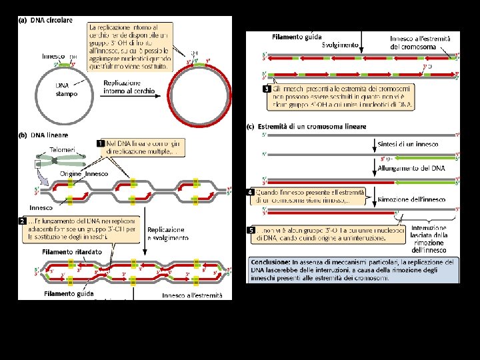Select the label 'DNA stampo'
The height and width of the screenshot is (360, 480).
point(66,89)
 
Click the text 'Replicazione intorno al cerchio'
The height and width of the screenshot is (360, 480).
point(129,87)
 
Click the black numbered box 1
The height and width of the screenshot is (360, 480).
point(101,143)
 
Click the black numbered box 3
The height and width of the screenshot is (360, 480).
point(267,88)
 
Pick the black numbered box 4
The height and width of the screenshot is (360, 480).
point(252,192)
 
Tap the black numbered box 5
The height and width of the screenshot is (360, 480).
point(252,230)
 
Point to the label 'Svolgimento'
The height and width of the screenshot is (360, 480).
point(340,45)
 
